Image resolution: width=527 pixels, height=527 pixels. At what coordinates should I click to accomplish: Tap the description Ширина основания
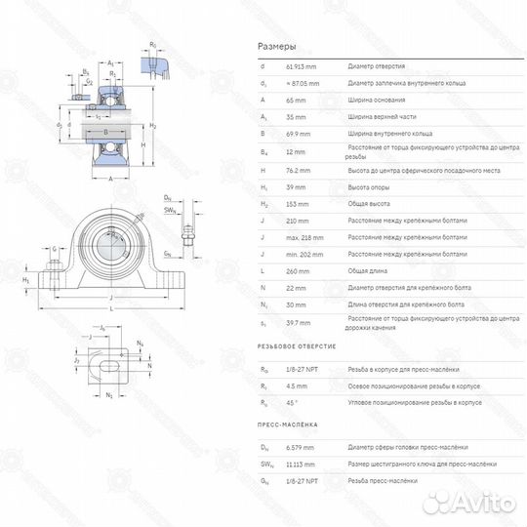click(377, 99)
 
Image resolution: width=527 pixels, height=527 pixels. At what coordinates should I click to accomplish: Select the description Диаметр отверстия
click(377, 65)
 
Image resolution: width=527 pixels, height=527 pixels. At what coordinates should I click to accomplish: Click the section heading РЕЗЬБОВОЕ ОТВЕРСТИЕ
click(297, 346)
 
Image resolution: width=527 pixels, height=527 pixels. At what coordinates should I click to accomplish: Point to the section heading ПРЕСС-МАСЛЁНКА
click(285, 425)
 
